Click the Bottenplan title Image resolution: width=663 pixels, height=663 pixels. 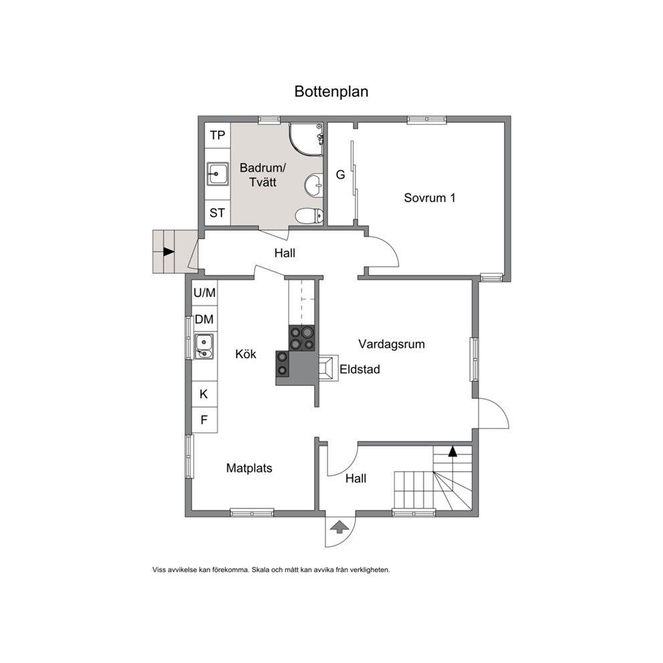(x=331, y=92)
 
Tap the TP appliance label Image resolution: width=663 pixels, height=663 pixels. (x=217, y=135)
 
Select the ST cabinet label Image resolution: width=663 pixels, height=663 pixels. (x=217, y=213)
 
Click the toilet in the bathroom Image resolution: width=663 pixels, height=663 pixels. (x=309, y=216)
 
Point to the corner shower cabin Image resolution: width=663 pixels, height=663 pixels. (x=306, y=140)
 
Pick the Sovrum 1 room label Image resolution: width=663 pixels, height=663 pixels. (x=430, y=198)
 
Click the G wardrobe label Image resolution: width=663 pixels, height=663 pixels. (x=340, y=174)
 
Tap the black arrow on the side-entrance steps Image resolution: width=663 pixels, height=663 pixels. (x=169, y=251)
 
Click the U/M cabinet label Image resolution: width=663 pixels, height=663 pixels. (x=205, y=293)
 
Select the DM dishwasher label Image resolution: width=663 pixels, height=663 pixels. (x=205, y=319)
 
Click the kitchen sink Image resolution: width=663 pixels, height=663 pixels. (x=204, y=346)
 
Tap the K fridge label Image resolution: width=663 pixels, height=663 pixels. (x=204, y=394)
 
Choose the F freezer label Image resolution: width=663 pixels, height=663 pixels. (x=204, y=420)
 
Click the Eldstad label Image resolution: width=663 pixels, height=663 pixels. (x=360, y=370)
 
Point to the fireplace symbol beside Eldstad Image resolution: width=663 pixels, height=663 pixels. (x=328, y=368)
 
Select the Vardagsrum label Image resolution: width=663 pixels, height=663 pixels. (x=392, y=344)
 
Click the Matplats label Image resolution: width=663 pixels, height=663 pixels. (x=249, y=468)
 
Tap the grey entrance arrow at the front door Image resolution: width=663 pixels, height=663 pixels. (x=339, y=527)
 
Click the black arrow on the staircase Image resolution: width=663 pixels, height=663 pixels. (x=453, y=451)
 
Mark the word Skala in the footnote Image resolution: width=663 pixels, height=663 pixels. (x=260, y=570)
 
